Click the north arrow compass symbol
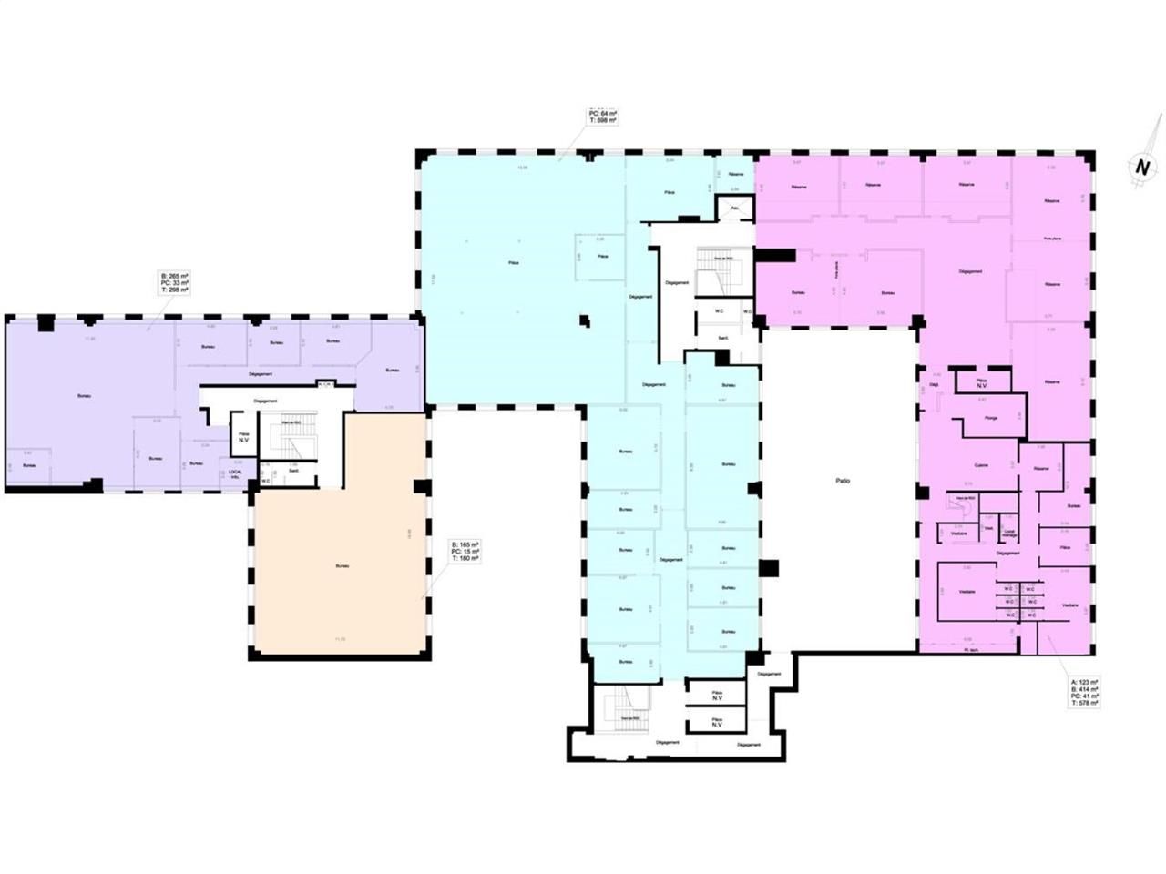pos(1140,168)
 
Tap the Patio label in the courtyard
pos(843,481)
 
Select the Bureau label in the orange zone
pos(342,565)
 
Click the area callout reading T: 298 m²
pos(174,282)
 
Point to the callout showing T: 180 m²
pos(465,552)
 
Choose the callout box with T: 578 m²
pos(1084,692)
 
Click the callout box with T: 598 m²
pos(603,117)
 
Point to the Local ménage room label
pos(1008,533)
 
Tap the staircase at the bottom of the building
pos(628,705)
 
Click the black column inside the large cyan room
pos(584,320)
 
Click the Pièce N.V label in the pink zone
pos(981,383)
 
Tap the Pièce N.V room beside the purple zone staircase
pos(243,437)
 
